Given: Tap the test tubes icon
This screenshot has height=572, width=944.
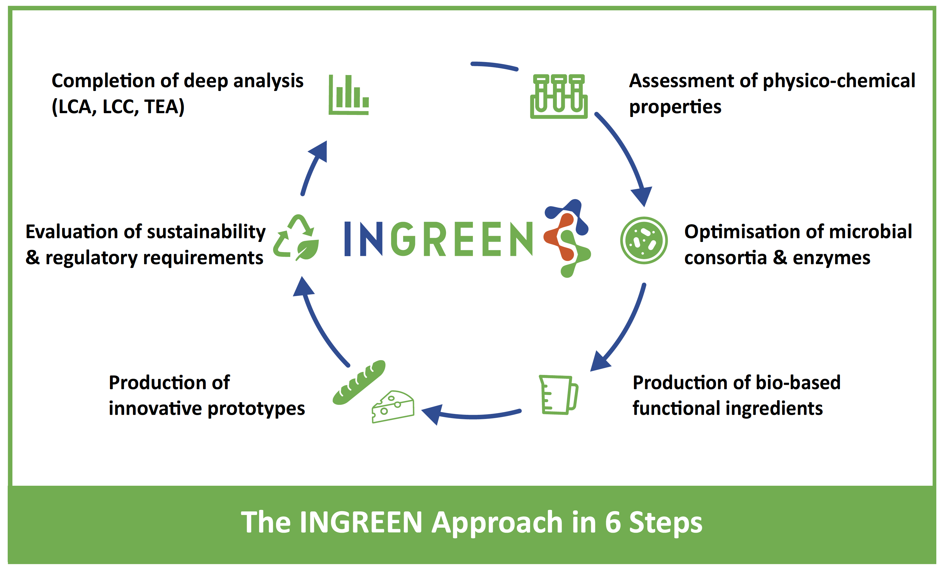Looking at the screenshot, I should pos(559,97).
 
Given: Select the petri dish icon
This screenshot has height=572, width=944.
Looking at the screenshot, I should pos(644,240).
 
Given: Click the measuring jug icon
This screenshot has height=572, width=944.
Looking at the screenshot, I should pos(559,395).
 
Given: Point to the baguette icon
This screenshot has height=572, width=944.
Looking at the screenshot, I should pos(359,382).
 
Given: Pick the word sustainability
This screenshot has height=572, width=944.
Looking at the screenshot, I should pos(206,232).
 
